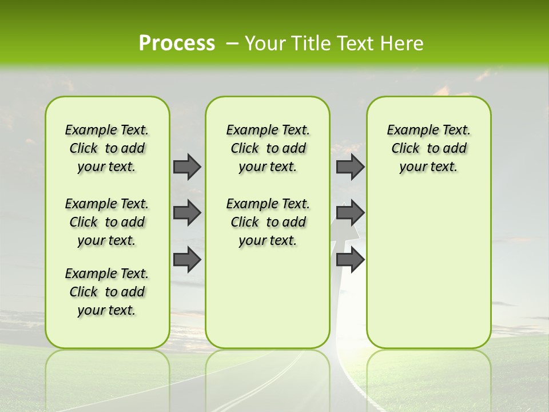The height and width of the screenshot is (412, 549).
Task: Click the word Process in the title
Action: [x=177, y=43]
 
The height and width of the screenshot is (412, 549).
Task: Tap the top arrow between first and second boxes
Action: [x=187, y=167]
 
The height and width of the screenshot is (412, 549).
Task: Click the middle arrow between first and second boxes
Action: [x=187, y=213]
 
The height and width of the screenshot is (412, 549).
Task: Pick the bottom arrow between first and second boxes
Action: [x=187, y=259]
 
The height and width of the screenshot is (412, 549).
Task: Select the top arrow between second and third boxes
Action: [x=350, y=167]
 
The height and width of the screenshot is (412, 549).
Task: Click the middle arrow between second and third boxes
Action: [x=350, y=213]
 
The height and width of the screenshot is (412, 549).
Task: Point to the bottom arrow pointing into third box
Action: [x=350, y=259]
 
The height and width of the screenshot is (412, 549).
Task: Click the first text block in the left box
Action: [x=107, y=148]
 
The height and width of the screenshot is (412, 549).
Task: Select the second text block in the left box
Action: [x=107, y=222]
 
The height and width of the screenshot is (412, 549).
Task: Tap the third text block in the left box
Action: [x=107, y=292]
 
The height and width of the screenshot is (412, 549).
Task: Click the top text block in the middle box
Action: [x=268, y=148]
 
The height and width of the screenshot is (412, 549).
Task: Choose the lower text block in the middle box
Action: [x=268, y=222]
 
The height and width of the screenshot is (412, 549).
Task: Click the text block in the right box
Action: [x=428, y=148]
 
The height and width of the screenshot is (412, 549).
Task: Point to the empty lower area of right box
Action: [x=428, y=269]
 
